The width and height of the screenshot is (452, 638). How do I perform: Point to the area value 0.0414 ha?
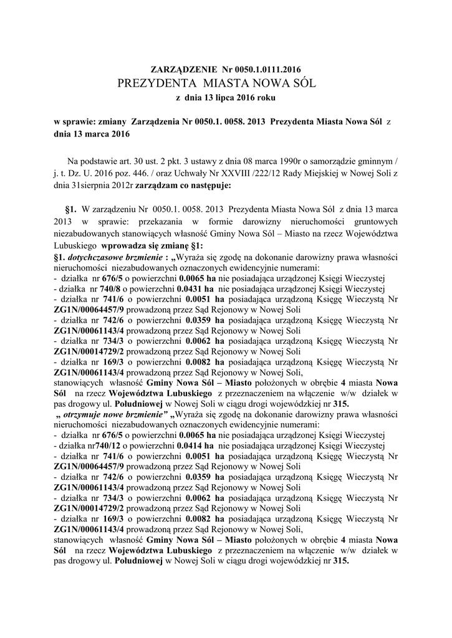(x=195, y=446)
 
